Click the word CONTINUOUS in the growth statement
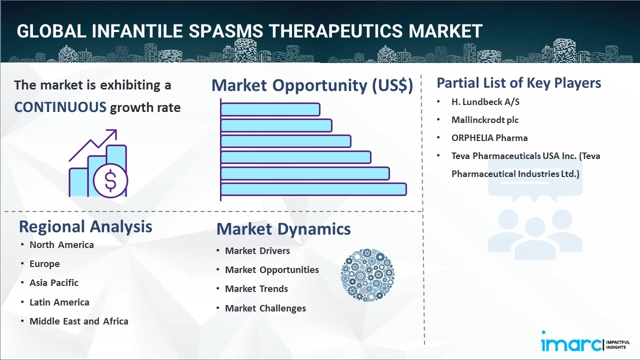coord(60,107)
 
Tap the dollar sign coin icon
coord(110,180)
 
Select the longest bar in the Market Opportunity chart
coord(313,189)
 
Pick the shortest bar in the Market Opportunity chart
coord(270,109)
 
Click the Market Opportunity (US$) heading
coord(312,85)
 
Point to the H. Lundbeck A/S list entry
coord(485,102)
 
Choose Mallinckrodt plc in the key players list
coord(485,120)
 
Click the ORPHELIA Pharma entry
coord(489,138)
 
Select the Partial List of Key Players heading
coord(519,83)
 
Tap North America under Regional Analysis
coord(61,245)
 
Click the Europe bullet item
coord(44,264)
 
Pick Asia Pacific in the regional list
coord(54,283)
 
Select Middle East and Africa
coord(79,321)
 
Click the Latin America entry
coord(59,302)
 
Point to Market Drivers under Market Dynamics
coord(257,251)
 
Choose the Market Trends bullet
coord(256,289)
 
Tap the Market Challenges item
coord(265,308)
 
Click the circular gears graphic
coord(367,275)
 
